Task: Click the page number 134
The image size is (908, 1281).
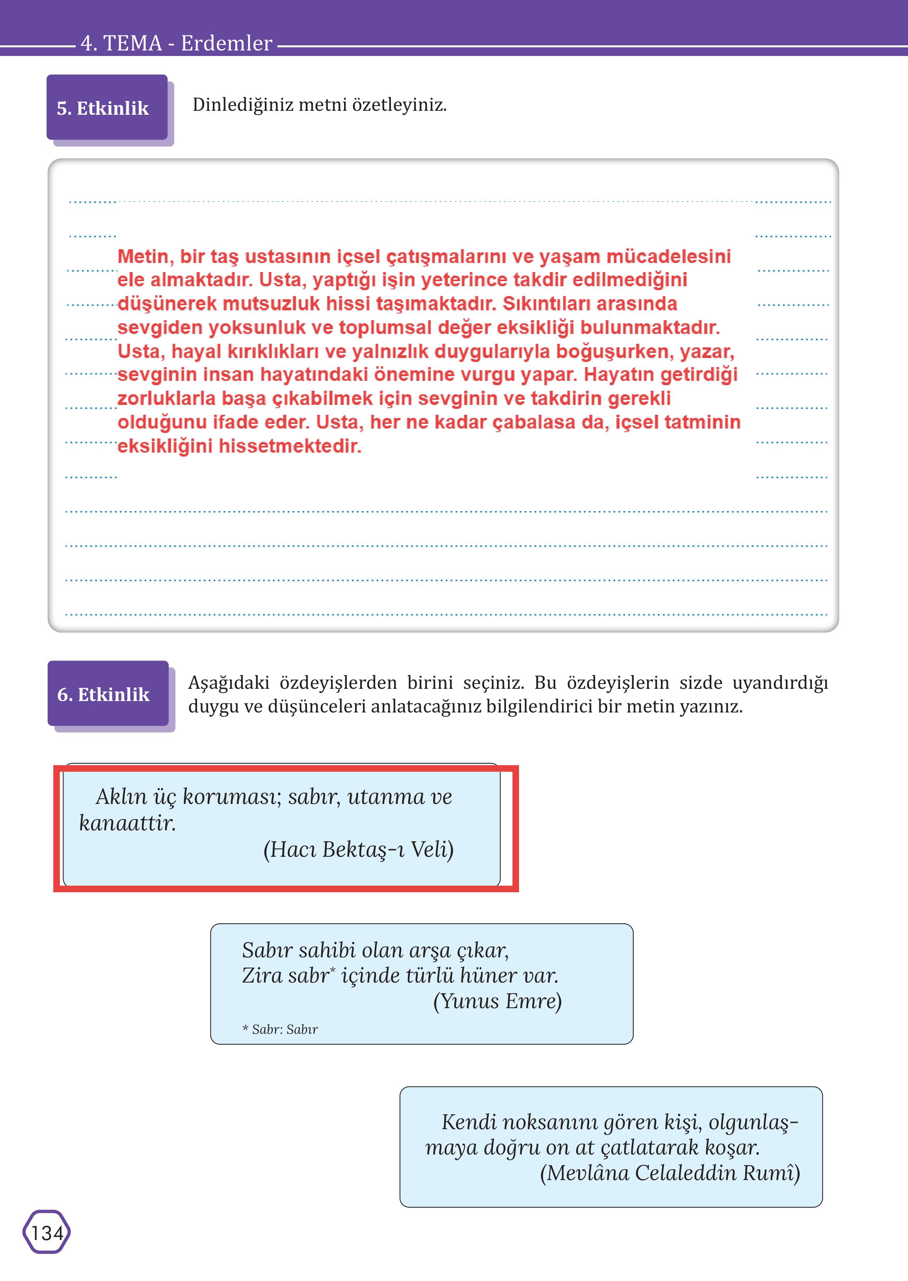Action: click(x=47, y=1233)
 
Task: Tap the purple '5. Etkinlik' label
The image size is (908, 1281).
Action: click(x=103, y=108)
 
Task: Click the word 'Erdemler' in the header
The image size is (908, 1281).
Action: click(x=227, y=43)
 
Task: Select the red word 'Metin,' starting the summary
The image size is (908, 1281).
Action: click(x=143, y=256)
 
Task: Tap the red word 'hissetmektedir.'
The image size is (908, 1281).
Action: click(x=290, y=446)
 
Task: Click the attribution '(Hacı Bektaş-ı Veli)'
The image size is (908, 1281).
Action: click(x=358, y=849)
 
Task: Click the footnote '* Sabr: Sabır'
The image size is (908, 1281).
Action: click(x=280, y=1029)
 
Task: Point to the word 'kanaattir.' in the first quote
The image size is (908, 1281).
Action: click(x=127, y=823)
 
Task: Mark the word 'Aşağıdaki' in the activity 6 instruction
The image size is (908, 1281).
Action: click(x=229, y=682)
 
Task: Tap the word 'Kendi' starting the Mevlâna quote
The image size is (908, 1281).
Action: click(x=469, y=1122)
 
